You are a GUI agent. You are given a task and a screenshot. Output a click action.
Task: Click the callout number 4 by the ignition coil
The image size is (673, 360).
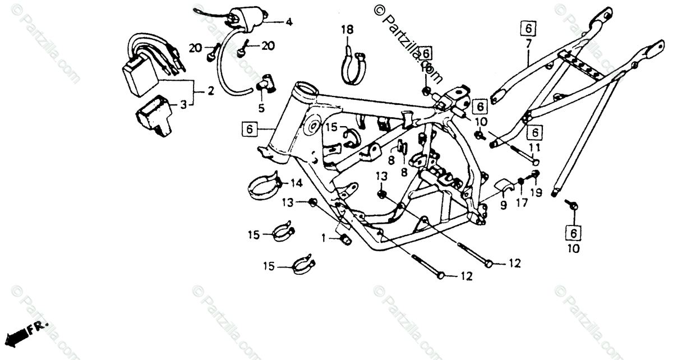289,22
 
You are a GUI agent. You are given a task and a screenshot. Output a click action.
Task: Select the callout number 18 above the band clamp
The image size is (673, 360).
348,30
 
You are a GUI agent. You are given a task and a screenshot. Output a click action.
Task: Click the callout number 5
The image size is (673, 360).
261,108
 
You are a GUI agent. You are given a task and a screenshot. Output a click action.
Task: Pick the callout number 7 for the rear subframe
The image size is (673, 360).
528,43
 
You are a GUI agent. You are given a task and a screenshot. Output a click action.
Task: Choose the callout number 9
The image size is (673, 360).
503,206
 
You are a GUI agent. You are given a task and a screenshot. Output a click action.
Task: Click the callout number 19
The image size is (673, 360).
537,192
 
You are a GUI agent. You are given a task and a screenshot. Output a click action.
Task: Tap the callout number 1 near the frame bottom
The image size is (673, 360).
323,238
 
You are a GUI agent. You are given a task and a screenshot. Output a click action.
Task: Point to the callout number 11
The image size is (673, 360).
534,147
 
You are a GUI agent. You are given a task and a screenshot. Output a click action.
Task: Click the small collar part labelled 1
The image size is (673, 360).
343,239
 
